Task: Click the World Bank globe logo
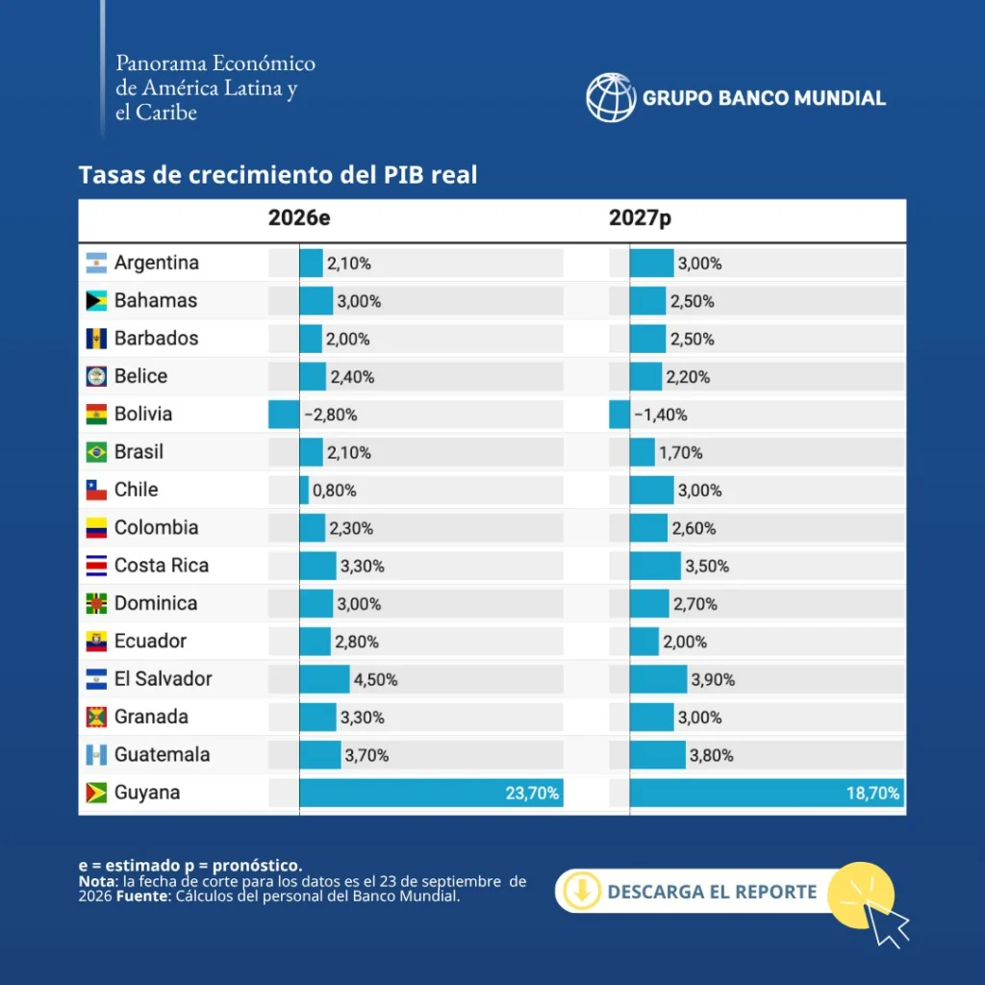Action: tap(611, 97)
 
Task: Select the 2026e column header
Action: tap(299, 217)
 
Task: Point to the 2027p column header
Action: tap(640, 218)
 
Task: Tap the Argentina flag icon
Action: tap(96, 263)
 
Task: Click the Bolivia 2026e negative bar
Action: tap(284, 415)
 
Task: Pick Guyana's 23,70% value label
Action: tap(532, 793)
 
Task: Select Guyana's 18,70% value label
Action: tap(872, 793)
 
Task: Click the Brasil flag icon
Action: tap(96, 452)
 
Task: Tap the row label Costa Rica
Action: tap(162, 566)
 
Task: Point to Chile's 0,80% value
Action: tap(334, 490)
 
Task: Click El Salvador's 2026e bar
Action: tap(324, 679)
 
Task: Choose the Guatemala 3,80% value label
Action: tap(711, 755)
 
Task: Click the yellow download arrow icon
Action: tap(582, 891)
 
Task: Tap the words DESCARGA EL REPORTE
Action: tap(712, 892)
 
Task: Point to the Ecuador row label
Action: tap(150, 641)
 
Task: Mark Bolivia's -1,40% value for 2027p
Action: tap(660, 415)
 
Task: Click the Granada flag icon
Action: tap(96, 717)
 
